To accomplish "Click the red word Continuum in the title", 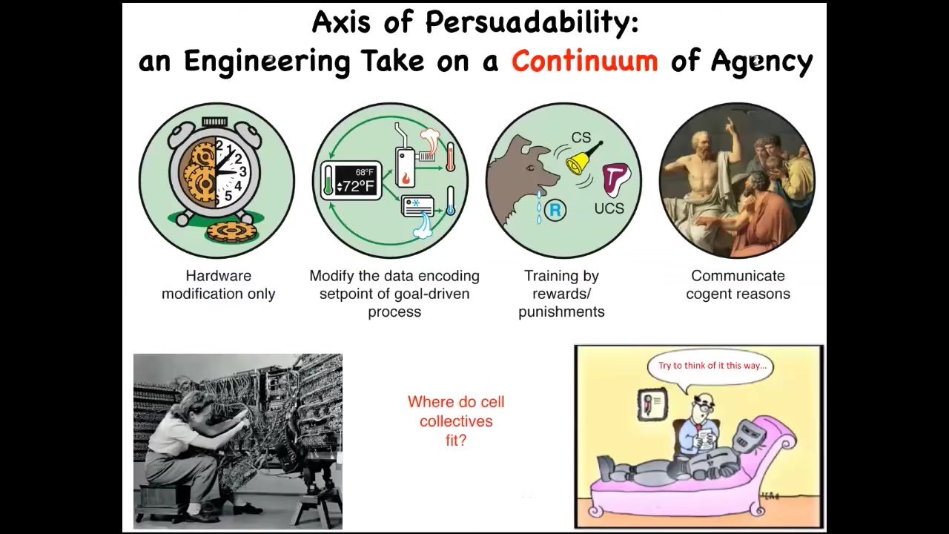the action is (x=585, y=61).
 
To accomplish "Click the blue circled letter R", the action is (x=555, y=210).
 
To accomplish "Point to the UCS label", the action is (x=609, y=208).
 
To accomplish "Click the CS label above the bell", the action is (x=581, y=137).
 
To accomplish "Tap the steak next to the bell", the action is (x=616, y=179).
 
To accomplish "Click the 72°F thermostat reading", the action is (x=356, y=186).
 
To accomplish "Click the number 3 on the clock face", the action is (x=242, y=171).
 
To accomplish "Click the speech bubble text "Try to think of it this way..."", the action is (x=712, y=366).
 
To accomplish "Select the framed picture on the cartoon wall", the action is (x=652, y=405).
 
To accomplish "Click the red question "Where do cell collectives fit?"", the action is (x=456, y=421).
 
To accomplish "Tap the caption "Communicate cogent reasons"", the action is (x=738, y=285).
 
